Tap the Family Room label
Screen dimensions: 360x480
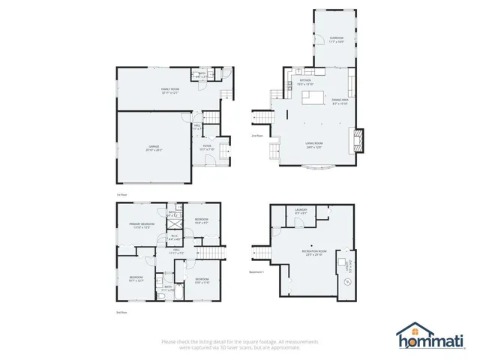[170, 91]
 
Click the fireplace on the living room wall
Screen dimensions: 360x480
[358, 139]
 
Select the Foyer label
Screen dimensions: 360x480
[207, 148]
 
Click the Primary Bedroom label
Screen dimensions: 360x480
[142, 226]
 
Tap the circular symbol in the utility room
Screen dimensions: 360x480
[346, 282]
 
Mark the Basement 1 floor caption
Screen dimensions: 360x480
[256, 272]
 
